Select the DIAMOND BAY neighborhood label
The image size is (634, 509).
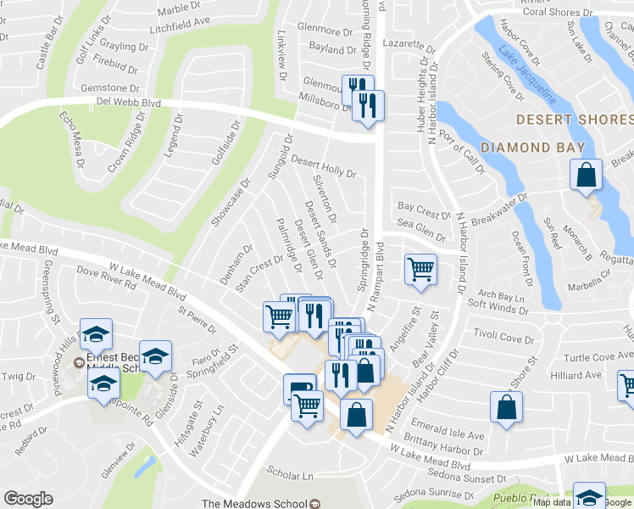pos(532,148)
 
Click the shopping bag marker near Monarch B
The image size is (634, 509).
pos(586,176)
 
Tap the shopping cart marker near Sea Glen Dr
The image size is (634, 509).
pos(420,271)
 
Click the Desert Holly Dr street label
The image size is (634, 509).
pos(323,165)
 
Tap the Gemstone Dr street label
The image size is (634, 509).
pos(109,87)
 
